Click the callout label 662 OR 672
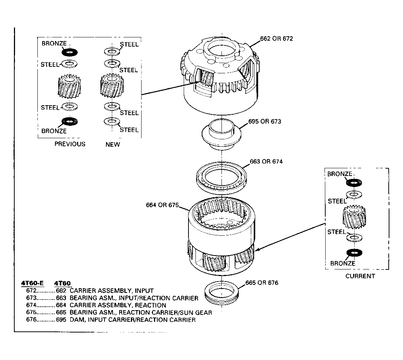(x=276, y=38)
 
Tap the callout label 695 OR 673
(x=264, y=121)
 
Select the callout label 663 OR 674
(x=266, y=161)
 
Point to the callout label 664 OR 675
(x=162, y=205)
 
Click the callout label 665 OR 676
(x=262, y=283)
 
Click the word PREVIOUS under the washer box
(x=70, y=144)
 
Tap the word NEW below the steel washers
(x=113, y=144)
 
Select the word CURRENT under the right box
(x=360, y=276)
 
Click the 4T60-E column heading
(x=32, y=283)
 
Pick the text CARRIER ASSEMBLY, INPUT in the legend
(x=111, y=291)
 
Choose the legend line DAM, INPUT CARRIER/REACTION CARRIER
(x=133, y=320)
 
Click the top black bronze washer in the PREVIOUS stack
(x=69, y=52)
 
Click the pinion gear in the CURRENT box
(x=354, y=217)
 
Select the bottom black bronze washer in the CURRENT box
(x=354, y=253)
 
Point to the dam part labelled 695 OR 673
(x=221, y=134)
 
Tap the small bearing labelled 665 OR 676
(x=221, y=293)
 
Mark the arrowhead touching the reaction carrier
(x=257, y=249)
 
